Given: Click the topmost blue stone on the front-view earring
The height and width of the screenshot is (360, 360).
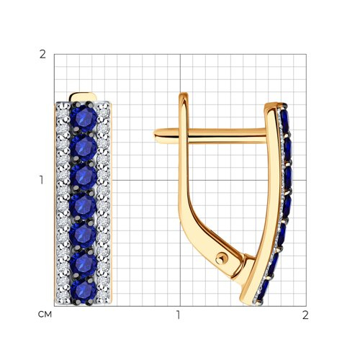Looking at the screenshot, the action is point(84,118).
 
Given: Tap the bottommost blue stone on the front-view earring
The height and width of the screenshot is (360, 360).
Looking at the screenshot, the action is point(84,291).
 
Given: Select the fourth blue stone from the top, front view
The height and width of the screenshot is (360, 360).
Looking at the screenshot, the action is point(83,206).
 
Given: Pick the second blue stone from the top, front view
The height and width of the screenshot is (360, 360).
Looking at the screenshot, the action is point(84,147).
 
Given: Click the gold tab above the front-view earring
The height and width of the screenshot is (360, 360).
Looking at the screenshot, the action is point(83,97).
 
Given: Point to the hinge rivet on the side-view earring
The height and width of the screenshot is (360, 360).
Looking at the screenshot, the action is point(220,258).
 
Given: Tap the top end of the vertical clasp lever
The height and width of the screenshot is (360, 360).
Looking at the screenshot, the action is point(184,95).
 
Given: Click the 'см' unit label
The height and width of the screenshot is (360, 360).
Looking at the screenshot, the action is point(45,315).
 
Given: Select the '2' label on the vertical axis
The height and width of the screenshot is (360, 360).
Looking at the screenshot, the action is point(42,55).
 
